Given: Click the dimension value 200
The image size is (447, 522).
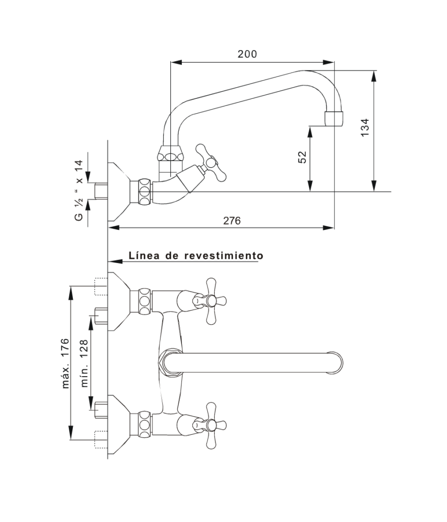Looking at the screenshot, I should coord(247,54).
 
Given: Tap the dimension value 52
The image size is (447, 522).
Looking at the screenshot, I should coord(302,157).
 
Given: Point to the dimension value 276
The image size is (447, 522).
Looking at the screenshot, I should coord(231,220).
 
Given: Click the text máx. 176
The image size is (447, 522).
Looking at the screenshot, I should coord(65,363).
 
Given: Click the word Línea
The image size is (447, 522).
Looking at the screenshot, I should coord(145,255).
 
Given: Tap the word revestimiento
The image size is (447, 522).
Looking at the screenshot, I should coord(224,255).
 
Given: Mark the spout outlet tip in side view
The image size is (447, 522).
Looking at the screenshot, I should coord(334,118).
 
